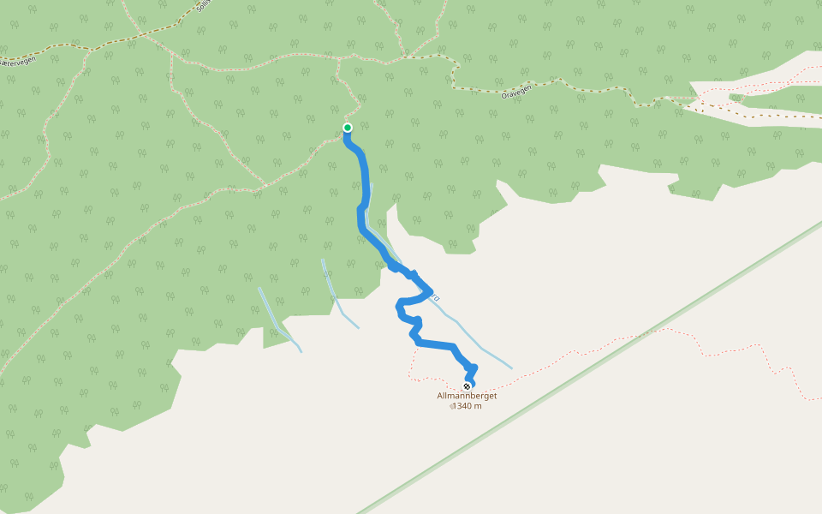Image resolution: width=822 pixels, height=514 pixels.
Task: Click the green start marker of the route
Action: click(x=348, y=128)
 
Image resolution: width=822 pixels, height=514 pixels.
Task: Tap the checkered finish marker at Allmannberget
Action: click(x=467, y=386)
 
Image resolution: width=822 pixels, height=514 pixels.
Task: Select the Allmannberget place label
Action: click(x=467, y=396)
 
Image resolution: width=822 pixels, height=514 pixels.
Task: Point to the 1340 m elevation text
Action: click(x=468, y=406)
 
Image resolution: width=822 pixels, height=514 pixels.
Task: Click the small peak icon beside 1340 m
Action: click(x=451, y=407)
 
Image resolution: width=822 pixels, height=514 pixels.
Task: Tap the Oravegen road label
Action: click(x=517, y=91)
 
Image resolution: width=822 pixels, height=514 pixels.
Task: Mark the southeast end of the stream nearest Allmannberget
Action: click(x=511, y=368)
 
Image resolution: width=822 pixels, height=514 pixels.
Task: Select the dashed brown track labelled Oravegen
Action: click(x=582, y=85)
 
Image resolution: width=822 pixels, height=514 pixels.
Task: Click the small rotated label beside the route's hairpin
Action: click(x=436, y=298)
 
